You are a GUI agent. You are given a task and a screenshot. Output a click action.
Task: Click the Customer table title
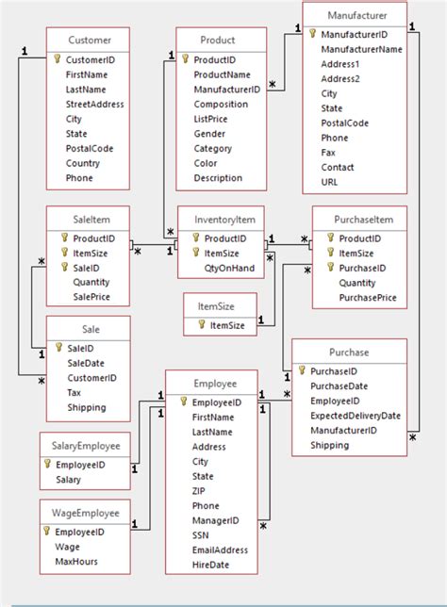point(90,41)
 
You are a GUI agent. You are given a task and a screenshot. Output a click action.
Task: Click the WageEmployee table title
point(86,514)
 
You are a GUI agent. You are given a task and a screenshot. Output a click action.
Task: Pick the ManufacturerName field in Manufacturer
point(361,49)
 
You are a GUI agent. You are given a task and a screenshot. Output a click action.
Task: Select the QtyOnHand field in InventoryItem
point(228,268)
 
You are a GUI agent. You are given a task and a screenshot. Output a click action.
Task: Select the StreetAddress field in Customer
point(94,104)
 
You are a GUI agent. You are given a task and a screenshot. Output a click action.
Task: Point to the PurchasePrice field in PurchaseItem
point(367,297)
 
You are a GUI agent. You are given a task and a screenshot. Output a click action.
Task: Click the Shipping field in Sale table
point(87,407)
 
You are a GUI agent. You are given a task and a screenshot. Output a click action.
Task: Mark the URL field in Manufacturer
point(330,181)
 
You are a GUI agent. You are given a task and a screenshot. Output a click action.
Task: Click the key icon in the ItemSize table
point(200,325)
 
